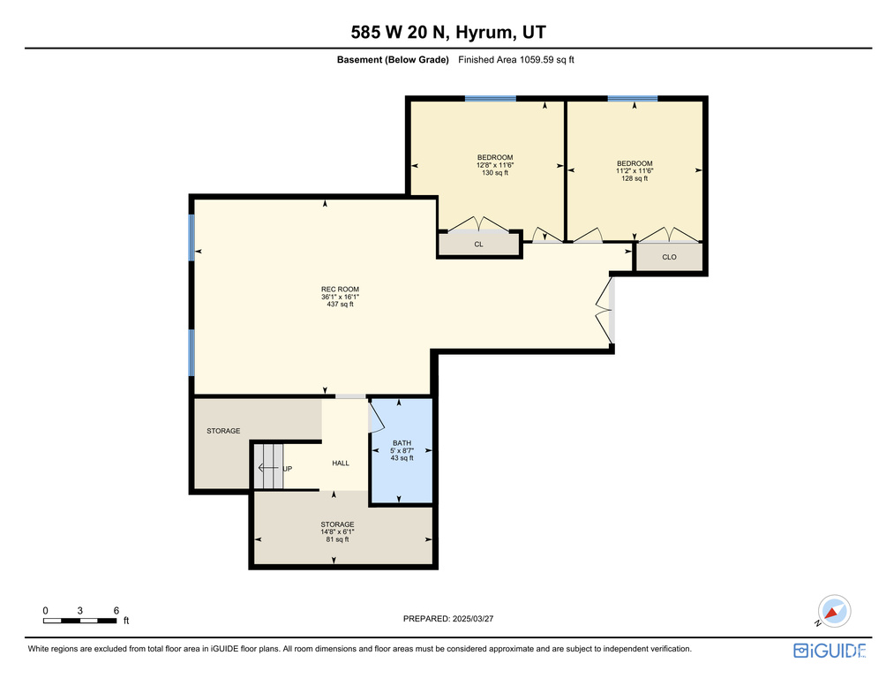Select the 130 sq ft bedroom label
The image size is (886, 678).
(495, 165)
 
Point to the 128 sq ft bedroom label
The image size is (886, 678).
(634, 170)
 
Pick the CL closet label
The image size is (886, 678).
(478, 245)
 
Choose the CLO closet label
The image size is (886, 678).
(669, 257)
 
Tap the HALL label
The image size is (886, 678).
(341, 463)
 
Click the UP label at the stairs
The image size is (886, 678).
(288, 469)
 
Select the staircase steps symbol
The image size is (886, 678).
(268, 466)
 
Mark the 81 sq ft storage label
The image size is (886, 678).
(337, 531)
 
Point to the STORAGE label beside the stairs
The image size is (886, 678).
(223, 431)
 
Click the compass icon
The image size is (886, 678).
(834, 611)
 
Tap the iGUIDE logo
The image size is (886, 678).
(830, 651)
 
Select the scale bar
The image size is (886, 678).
(79, 621)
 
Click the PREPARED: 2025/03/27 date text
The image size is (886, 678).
(448, 619)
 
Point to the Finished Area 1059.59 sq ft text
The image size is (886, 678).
(516, 59)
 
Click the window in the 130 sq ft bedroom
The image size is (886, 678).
(491, 98)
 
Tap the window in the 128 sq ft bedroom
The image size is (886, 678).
(633, 98)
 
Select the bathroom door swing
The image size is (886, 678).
(376, 415)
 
